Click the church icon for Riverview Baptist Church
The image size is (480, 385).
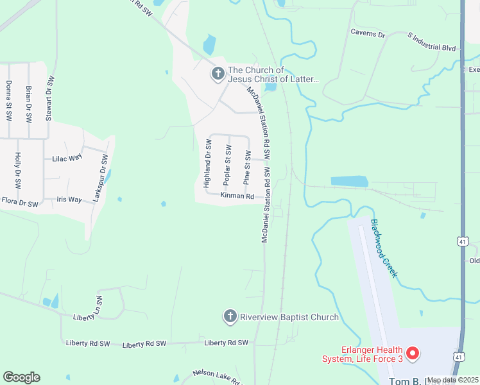pos(230,316)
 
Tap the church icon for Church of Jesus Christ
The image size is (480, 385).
pos(218,74)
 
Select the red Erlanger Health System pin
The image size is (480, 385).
pos(413,353)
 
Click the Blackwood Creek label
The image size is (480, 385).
pos(384,249)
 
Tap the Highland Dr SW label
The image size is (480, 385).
pos(207,164)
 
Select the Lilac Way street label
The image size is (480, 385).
pos(64,158)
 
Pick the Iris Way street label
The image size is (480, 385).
pos(69,200)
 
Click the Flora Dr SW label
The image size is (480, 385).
pos(20,203)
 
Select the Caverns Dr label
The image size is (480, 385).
pos(368,31)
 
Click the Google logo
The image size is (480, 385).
pos(21,377)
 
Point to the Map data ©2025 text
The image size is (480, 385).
pos(452,380)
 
